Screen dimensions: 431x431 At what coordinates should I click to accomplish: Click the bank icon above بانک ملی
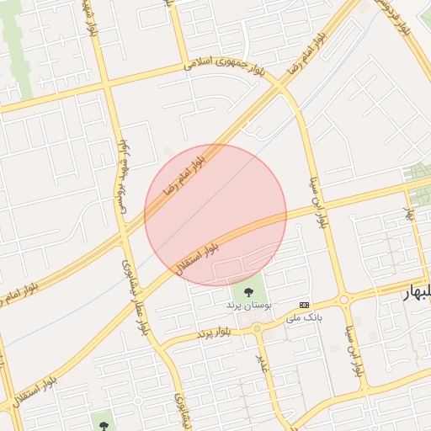coord(304,304)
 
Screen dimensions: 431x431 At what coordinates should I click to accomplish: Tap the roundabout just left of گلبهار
coord(343,300)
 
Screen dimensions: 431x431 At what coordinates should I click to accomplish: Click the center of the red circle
coord(215,215)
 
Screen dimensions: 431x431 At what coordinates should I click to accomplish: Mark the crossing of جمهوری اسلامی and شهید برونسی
coord(108,83)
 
